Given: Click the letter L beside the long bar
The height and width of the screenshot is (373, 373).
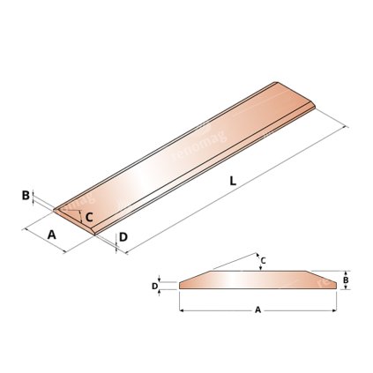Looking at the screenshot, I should point(231,181).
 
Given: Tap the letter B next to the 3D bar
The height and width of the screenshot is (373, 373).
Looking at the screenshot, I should point(26,196).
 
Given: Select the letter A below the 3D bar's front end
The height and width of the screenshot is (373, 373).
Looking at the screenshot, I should point(52,235).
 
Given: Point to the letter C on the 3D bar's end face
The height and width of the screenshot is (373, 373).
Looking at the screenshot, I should point(89,214).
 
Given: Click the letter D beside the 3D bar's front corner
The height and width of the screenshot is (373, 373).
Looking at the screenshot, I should point(123,237).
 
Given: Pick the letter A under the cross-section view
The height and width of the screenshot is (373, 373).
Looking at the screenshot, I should point(257,310).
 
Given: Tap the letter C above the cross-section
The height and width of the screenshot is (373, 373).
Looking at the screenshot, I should point(262,260).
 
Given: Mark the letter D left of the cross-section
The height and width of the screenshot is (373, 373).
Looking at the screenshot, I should point(154,286).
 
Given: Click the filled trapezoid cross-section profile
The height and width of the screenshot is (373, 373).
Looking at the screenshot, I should point(256,280).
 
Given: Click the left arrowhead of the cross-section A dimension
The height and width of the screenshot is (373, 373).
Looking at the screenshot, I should point(182,310).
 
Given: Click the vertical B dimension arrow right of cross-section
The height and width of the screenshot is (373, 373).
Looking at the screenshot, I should point(344,280).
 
